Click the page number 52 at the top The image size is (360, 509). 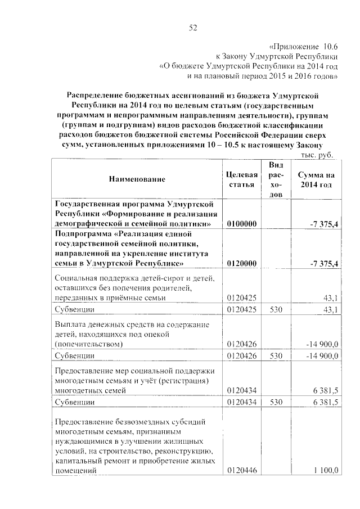click(193, 26)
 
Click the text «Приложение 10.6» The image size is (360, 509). click(302, 47)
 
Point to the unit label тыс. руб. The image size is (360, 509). click(317, 154)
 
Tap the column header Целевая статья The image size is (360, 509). click(242, 179)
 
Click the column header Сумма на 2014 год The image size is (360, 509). click(316, 179)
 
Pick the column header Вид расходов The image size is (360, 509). click(276, 179)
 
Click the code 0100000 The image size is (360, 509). click(242, 224)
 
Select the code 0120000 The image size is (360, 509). click(242, 263)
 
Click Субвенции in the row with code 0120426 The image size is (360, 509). click(74, 356)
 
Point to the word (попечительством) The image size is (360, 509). click(88, 343)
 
